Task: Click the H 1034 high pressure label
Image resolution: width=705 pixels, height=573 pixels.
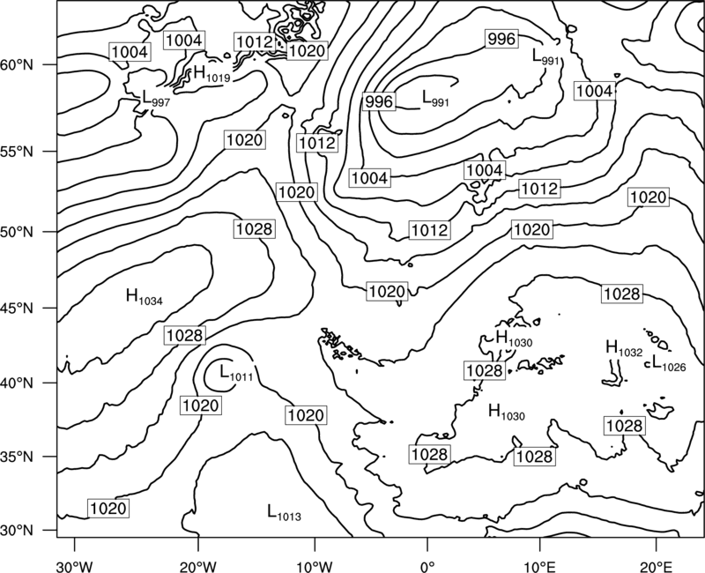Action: pos(145,297)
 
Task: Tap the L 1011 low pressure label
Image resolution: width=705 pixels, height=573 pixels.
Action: pos(236,373)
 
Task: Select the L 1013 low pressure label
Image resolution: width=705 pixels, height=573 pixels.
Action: pos(284,513)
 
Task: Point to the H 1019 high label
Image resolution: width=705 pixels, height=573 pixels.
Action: pos(211,74)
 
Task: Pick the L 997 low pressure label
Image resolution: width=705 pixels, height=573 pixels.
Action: pos(156,98)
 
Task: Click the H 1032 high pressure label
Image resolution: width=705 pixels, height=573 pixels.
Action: pos(625,348)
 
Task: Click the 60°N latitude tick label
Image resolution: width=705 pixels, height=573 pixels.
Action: pos(17,65)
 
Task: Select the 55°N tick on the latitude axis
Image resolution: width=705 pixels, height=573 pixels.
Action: pos(17,152)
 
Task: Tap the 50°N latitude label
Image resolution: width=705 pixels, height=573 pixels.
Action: pos(17,232)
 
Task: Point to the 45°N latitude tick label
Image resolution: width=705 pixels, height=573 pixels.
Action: pos(17,308)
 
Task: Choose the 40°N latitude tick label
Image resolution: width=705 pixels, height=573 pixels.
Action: pos(17,383)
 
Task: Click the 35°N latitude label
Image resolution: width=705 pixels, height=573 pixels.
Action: pos(17,457)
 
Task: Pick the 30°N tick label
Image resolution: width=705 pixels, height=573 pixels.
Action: pos(17,531)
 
